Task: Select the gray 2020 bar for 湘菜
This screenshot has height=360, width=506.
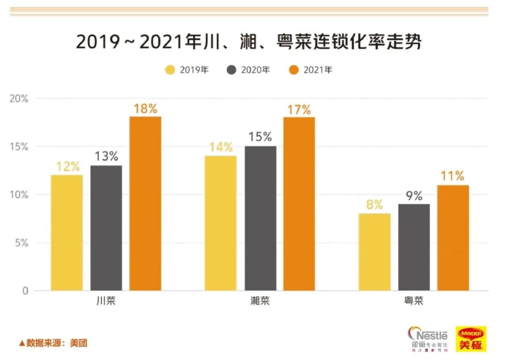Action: click(x=260, y=218)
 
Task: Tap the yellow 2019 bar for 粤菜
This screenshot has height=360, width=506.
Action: click(x=374, y=252)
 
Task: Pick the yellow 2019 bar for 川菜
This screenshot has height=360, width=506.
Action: click(x=67, y=232)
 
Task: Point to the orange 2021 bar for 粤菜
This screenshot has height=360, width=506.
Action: click(x=453, y=238)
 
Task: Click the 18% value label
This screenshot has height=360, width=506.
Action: click(x=145, y=109)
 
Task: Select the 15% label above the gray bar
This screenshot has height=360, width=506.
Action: click(x=260, y=137)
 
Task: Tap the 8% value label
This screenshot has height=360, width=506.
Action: click(x=374, y=205)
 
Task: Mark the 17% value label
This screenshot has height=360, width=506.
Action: click(x=299, y=110)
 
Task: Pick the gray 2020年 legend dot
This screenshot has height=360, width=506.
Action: click(x=231, y=70)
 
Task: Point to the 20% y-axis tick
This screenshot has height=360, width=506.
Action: click(x=19, y=99)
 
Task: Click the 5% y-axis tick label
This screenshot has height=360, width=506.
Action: click(x=22, y=243)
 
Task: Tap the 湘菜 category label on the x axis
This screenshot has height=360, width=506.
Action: click(x=260, y=301)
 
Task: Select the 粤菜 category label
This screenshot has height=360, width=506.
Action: click(x=414, y=301)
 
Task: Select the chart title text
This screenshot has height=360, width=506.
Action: click(x=249, y=42)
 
